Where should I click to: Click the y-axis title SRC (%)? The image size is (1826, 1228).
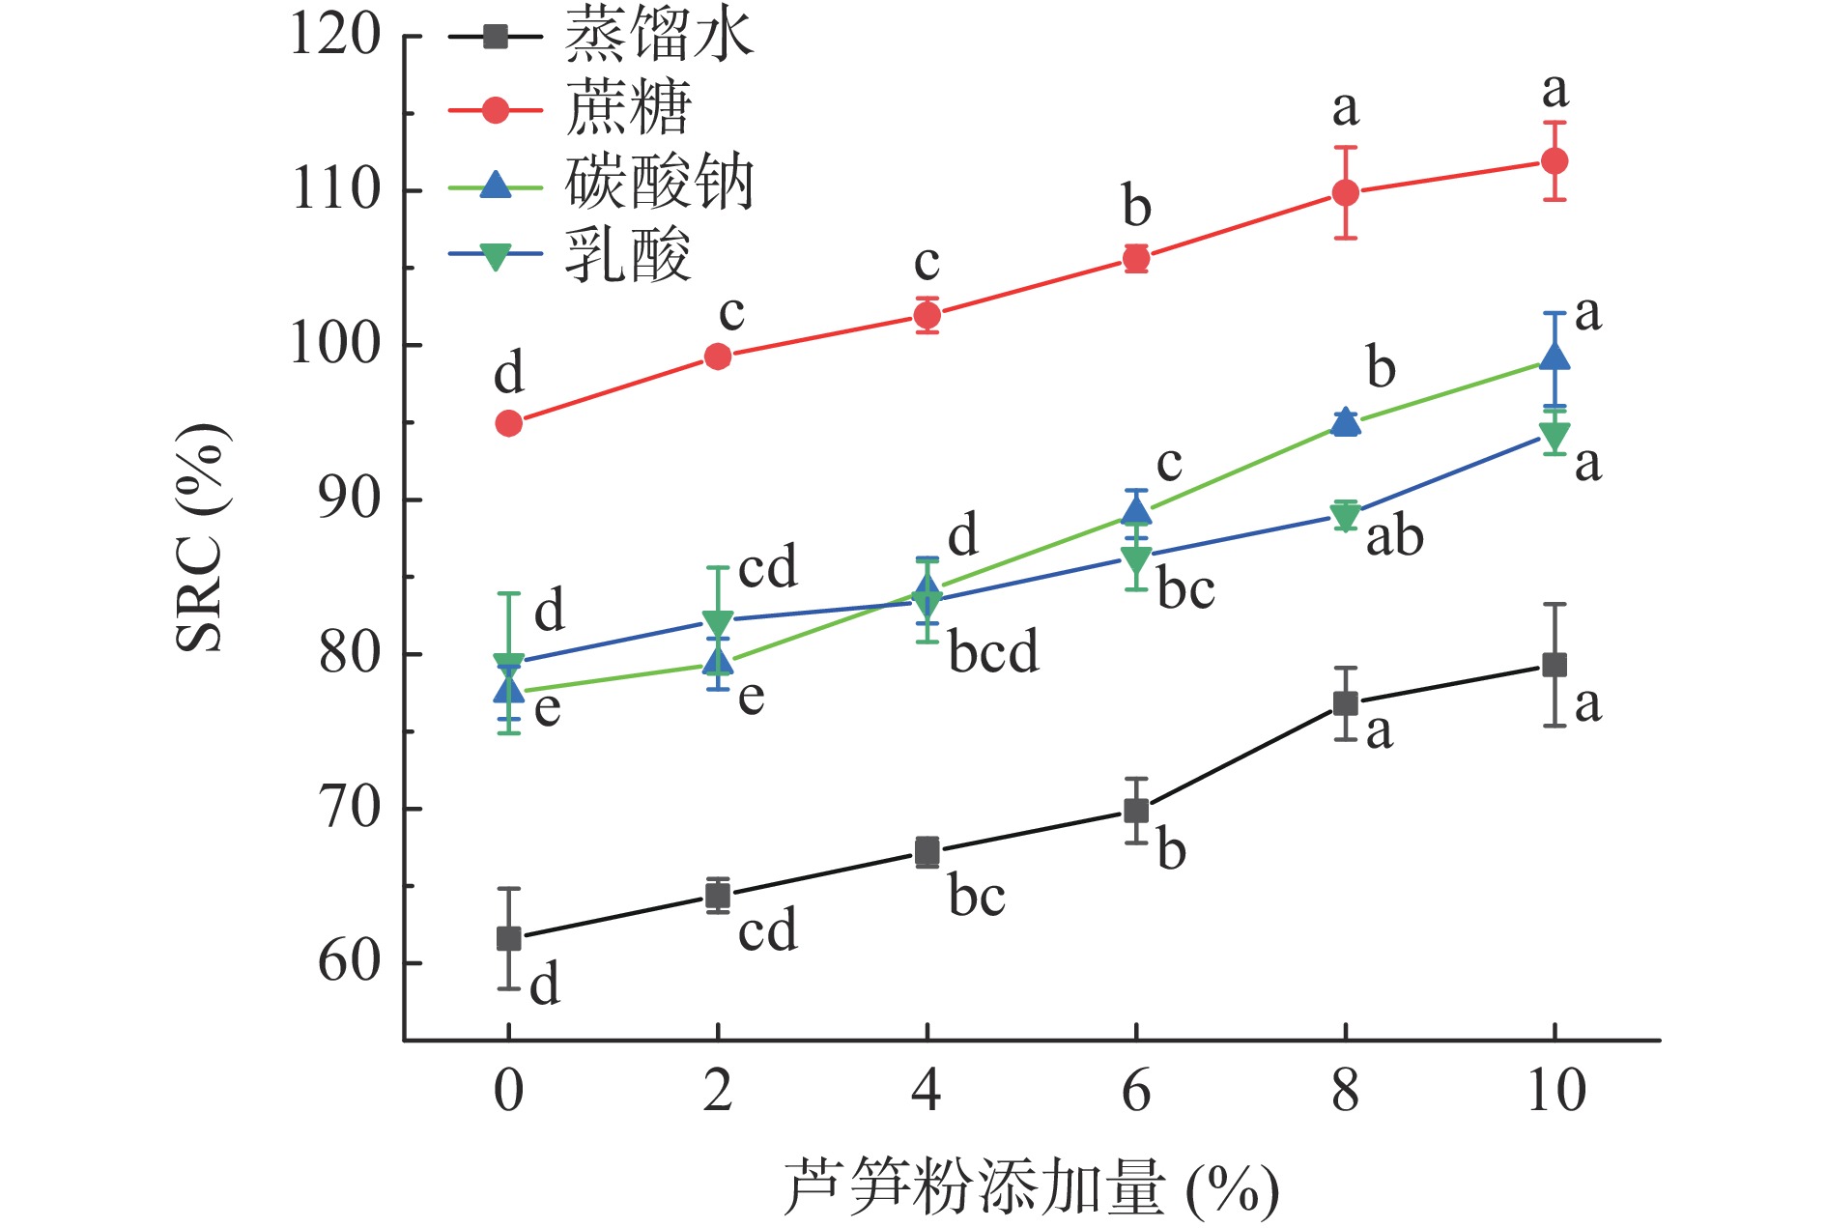(x=201, y=537)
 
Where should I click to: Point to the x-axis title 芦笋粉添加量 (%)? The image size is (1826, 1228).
(x=1030, y=1187)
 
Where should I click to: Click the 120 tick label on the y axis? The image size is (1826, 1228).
(x=336, y=37)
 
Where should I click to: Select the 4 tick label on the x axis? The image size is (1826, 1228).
(x=927, y=1091)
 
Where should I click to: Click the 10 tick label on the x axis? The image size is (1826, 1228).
(x=1555, y=1091)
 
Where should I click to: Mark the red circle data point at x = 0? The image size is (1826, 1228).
(x=509, y=423)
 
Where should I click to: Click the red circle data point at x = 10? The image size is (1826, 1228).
(x=1555, y=160)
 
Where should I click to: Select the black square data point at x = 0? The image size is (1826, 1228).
(x=509, y=938)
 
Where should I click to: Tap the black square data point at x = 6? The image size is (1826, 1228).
(x=1136, y=811)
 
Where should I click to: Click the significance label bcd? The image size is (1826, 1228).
(x=993, y=652)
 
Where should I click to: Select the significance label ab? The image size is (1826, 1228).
(x=1394, y=537)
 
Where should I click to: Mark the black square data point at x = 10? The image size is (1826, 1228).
(x=1555, y=665)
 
